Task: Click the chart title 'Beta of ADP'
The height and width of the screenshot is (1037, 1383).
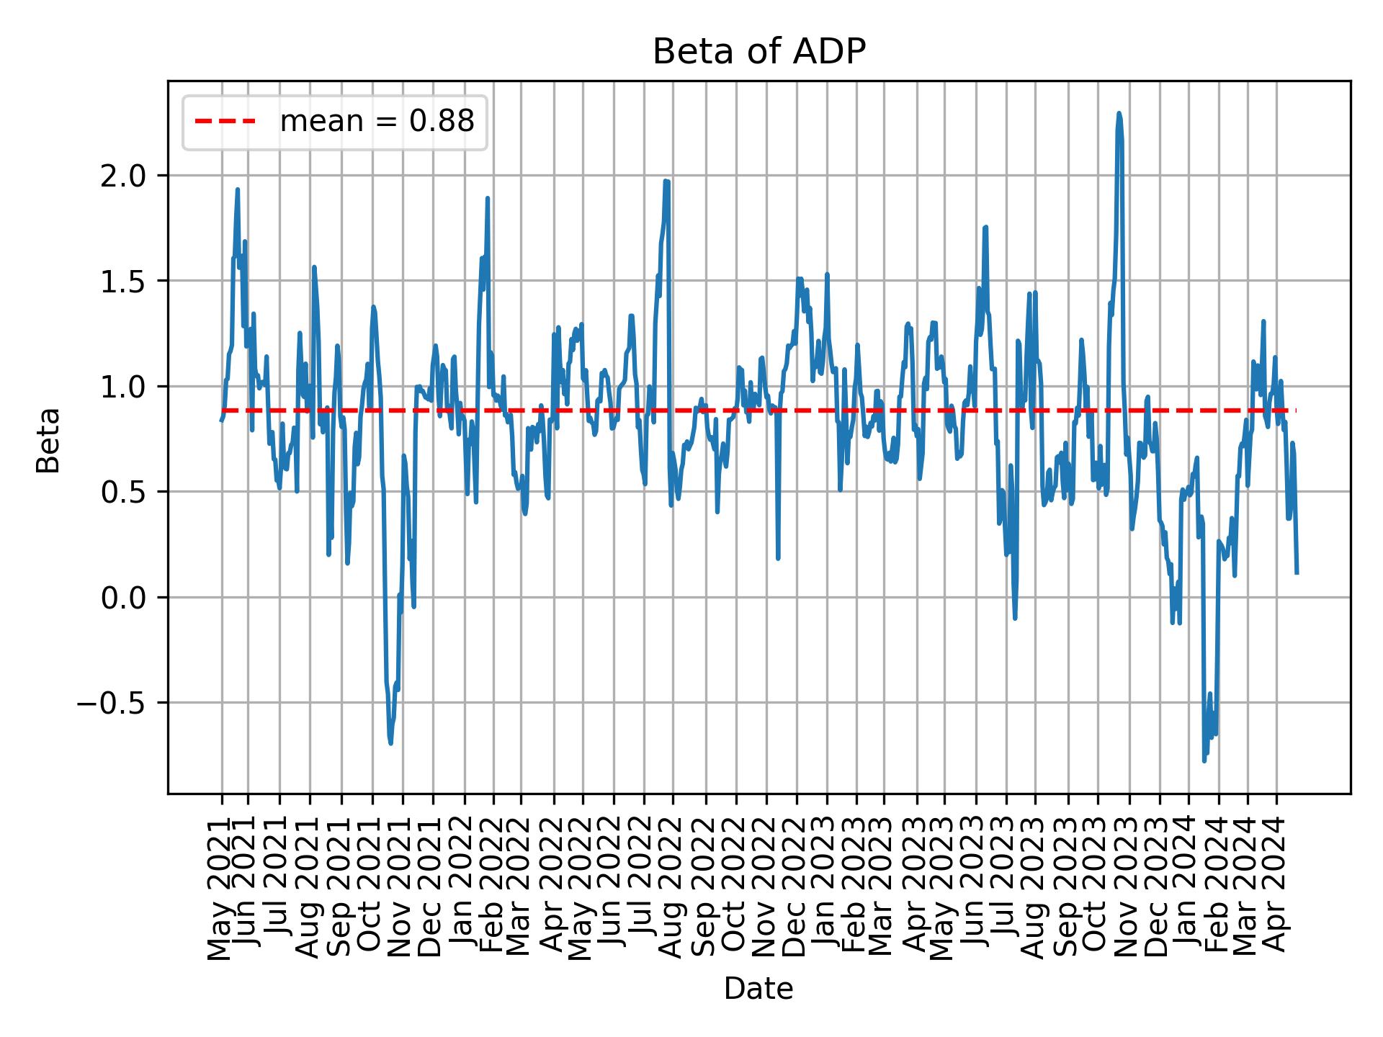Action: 758,52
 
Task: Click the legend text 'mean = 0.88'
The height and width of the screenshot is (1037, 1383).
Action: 377,122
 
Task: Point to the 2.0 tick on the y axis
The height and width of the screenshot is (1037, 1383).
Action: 123,176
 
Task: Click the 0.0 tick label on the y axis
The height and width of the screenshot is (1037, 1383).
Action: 123,598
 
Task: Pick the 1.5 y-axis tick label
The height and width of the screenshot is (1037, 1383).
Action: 123,281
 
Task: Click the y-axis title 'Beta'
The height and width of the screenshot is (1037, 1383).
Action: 48,439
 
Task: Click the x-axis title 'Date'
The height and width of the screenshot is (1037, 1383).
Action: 758,989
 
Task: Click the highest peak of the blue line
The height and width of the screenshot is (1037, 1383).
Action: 1119,113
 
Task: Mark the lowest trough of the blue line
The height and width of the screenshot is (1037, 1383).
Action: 1204,760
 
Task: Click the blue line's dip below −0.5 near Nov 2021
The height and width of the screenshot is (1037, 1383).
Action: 390,743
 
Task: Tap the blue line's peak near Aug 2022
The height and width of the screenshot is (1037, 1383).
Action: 667,181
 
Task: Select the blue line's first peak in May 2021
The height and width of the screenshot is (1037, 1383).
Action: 237,189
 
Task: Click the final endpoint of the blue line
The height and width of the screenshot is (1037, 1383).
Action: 1297,573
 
